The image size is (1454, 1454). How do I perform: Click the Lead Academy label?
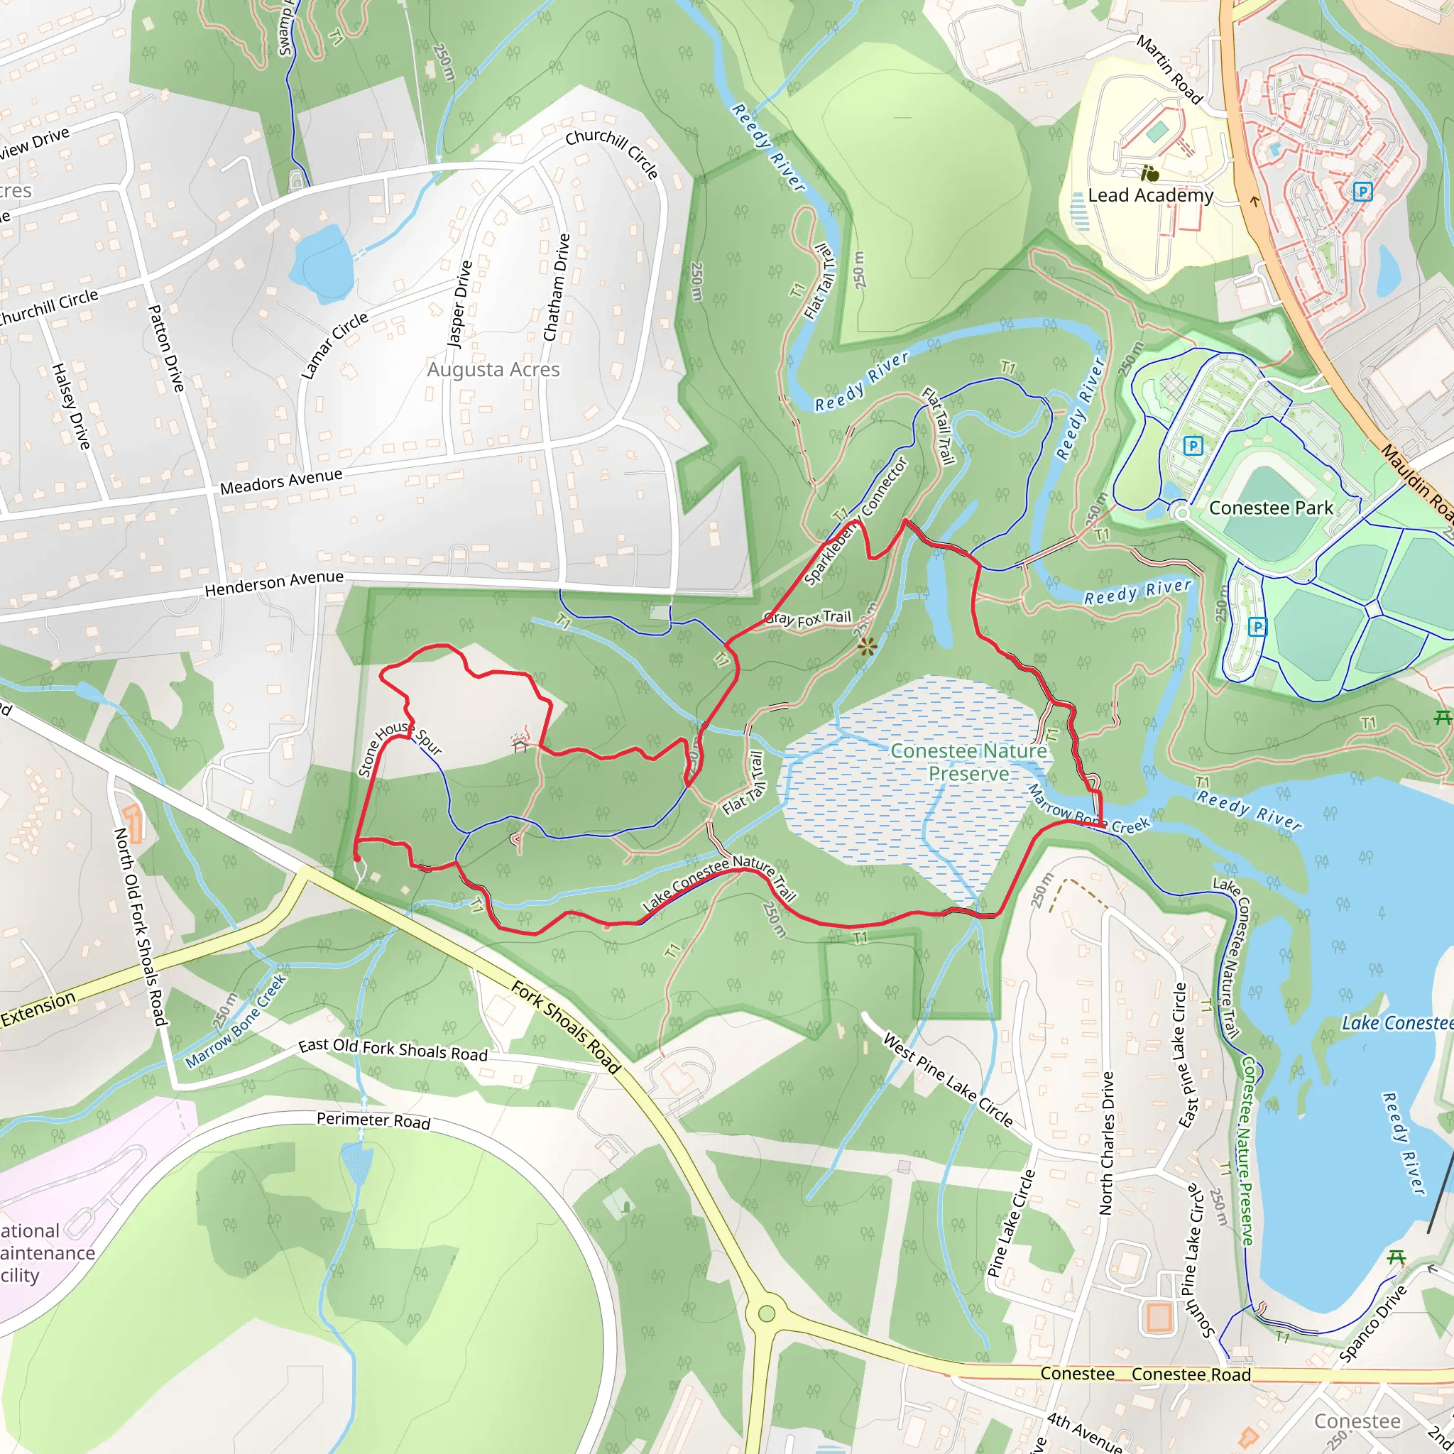1150,196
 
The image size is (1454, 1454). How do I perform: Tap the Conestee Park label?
1270,508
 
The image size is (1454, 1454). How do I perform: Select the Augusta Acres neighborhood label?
493,369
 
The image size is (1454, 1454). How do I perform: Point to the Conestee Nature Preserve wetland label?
968,762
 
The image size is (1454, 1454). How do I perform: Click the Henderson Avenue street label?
274,584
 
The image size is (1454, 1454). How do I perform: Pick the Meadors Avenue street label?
280,481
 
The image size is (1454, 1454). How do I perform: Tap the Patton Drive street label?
166,348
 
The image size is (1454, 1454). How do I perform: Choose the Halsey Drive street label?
71,406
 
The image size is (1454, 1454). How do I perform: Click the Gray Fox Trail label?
807,618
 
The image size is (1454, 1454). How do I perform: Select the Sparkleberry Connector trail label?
856,521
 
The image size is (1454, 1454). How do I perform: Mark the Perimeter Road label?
373,1120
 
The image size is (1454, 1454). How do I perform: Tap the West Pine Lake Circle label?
948,1081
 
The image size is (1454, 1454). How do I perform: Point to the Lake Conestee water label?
1396,1023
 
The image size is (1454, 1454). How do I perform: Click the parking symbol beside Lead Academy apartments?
1362,192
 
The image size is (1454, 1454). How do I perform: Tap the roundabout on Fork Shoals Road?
766,1314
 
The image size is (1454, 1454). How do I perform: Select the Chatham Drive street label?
556,288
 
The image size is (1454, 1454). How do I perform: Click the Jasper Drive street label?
460,303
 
